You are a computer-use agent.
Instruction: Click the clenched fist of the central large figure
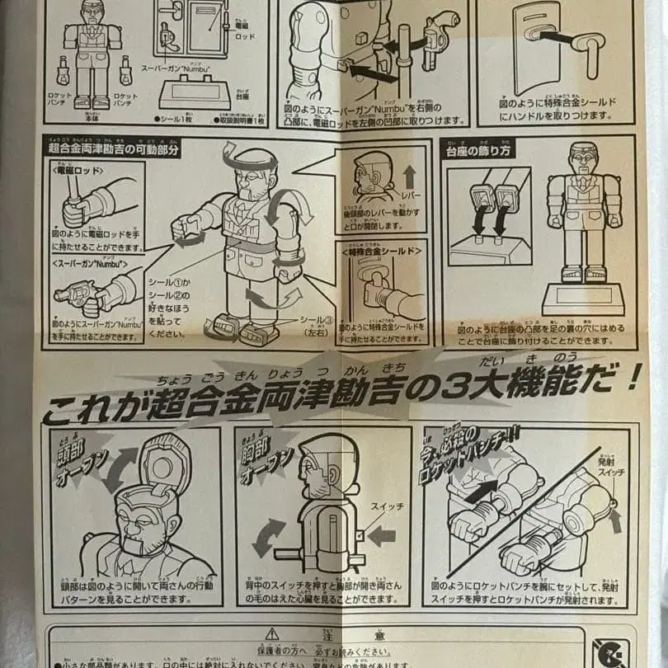coord(182,227)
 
